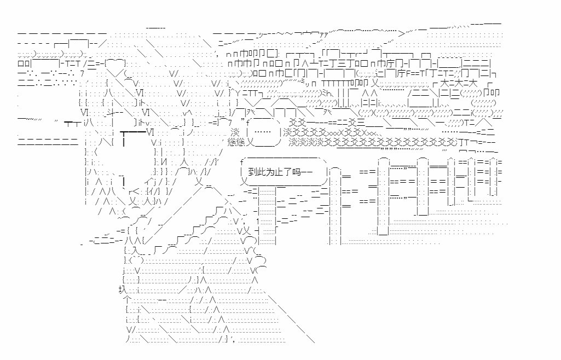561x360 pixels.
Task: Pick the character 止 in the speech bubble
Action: click(x=263, y=172)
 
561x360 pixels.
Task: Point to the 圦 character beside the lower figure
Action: click(x=122, y=289)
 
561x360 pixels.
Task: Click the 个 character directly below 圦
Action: click(x=127, y=300)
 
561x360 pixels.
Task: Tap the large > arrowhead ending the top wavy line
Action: click(x=402, y=32)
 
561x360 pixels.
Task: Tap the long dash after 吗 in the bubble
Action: click(x=307, y=172)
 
